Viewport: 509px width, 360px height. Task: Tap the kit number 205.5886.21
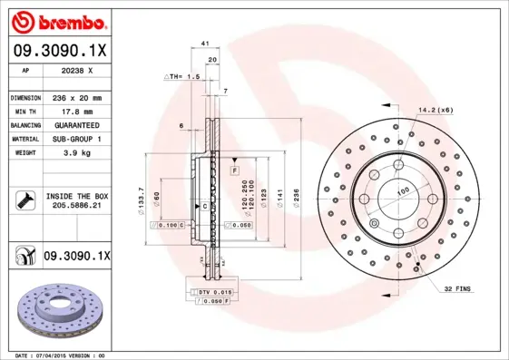pyautogui.click(x=76, y=206)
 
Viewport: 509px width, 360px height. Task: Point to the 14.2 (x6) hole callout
pyautogui.click(x=434, y=110)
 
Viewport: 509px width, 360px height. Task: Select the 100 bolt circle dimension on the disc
pyautogui.click(x=401, y=190)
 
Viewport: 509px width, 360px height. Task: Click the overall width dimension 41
pyautogui.click(x=206, y=43)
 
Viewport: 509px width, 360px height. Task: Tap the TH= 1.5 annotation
pyautogui.click(x=181, y=77)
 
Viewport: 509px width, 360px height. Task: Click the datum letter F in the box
pyautogui.click(x=234, y=170)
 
